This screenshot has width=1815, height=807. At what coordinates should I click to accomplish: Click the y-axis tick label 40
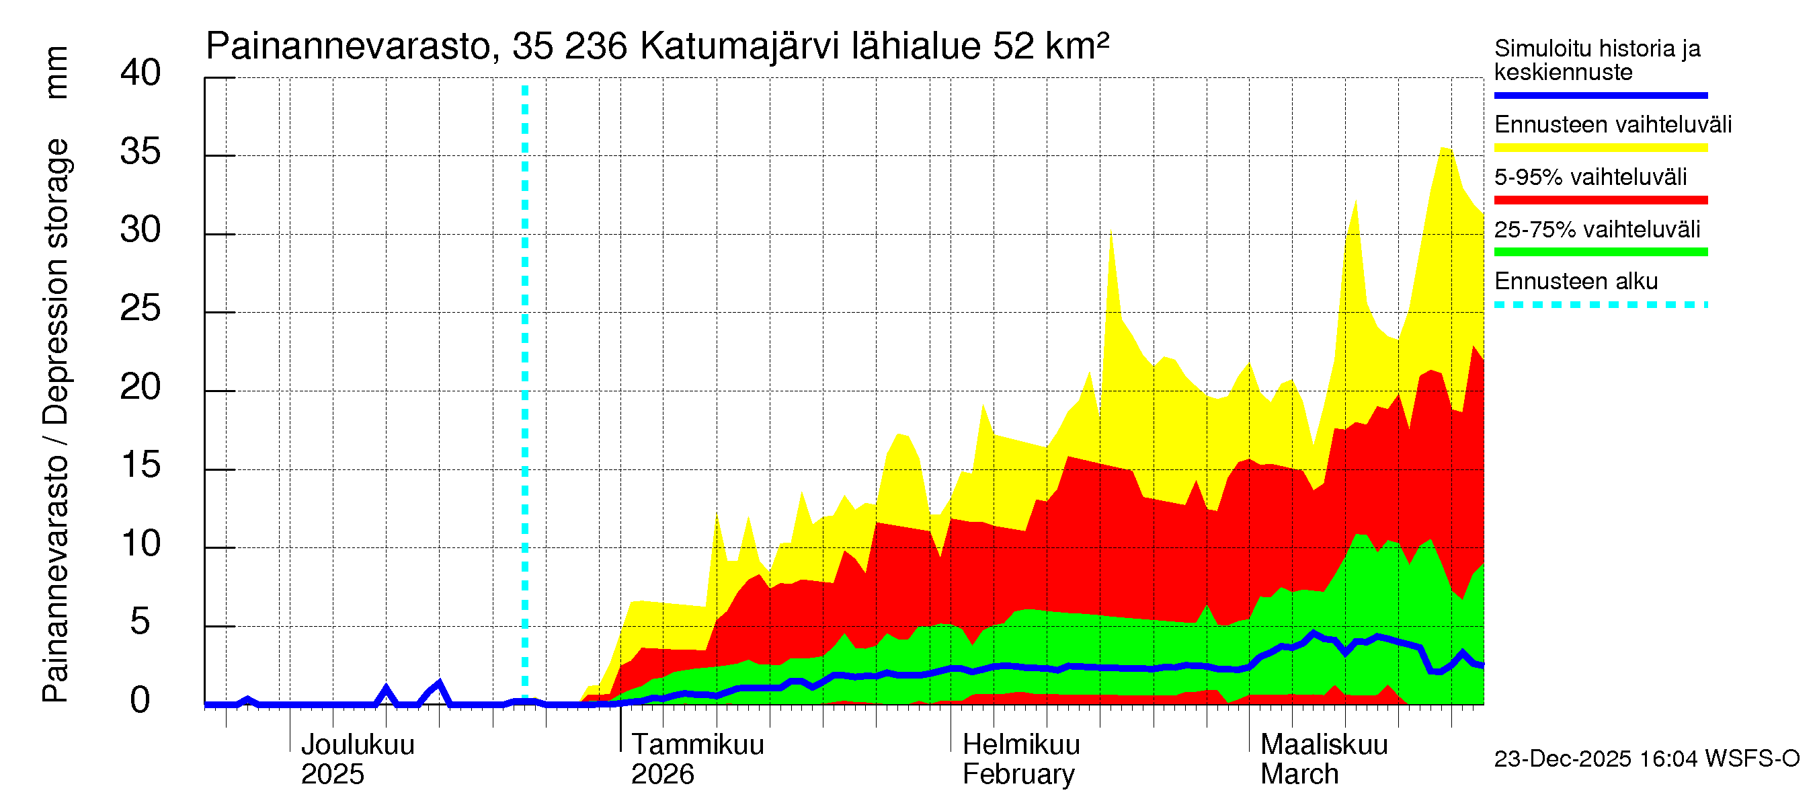pyautogui.click(x=140, y=73)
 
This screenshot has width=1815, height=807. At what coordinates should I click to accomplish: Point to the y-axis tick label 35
pyautogui.click(x=140, y=151)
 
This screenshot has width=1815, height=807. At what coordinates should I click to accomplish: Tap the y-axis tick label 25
pyautogui.click(x=140, y=309)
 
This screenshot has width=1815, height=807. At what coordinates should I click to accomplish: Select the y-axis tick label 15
pyautogui.click(x=140, y=465)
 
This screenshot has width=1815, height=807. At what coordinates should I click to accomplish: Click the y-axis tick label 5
pyautogui.click(x=140, y=622)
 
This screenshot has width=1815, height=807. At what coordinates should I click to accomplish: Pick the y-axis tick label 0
pyautogui.click(x=140, y=701)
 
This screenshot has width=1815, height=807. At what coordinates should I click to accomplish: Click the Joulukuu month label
pyautogui.click(x=357, y=744)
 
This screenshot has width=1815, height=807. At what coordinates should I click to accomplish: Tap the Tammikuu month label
pyautogui.click(x=697, y=744)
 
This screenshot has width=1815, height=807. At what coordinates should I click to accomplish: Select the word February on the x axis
pyautogui.click(x=1018, y=774)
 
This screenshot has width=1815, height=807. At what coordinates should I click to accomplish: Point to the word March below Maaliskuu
pyautogui.click(x=1299, y=774)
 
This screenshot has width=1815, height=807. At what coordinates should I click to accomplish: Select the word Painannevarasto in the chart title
pyautogui.click(x=348, y=46)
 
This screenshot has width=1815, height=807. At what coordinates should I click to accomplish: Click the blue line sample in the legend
pyautogui.click(x=1600, y=95)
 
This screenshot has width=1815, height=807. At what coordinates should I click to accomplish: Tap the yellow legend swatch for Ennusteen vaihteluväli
pyautogui.click(x=1600, y=148)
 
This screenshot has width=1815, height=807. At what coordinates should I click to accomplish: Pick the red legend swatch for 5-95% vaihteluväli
pyautogui.click(x=1600, y=200)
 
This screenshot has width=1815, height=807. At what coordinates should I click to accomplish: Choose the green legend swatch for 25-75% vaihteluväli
pyautogui.click(x=1600, y=252)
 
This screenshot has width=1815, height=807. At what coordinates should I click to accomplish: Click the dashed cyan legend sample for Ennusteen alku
pyautogui.click(x=1600, y=305)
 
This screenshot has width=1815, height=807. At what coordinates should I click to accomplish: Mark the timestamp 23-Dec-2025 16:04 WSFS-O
pyautogui.click(x=1646, y=759)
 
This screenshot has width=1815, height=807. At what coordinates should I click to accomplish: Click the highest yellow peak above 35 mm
pyautogui.click(x=1445, y=149)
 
